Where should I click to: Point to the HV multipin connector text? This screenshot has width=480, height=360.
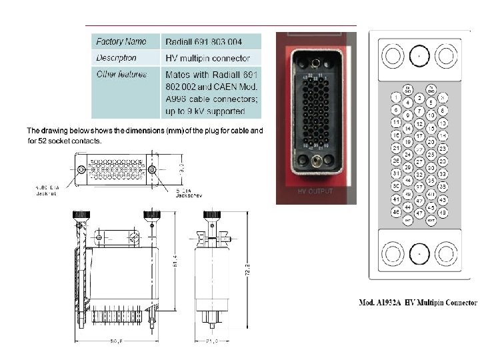click(207, 58)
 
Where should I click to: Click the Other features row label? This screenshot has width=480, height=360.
click(121, 74)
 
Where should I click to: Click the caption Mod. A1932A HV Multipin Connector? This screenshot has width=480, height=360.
click(418, 301)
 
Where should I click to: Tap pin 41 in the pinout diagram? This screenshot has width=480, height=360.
click(396, 199)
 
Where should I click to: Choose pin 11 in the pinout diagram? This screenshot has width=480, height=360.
click(396, 123)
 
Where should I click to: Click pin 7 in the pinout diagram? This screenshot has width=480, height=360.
click(419, 110)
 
